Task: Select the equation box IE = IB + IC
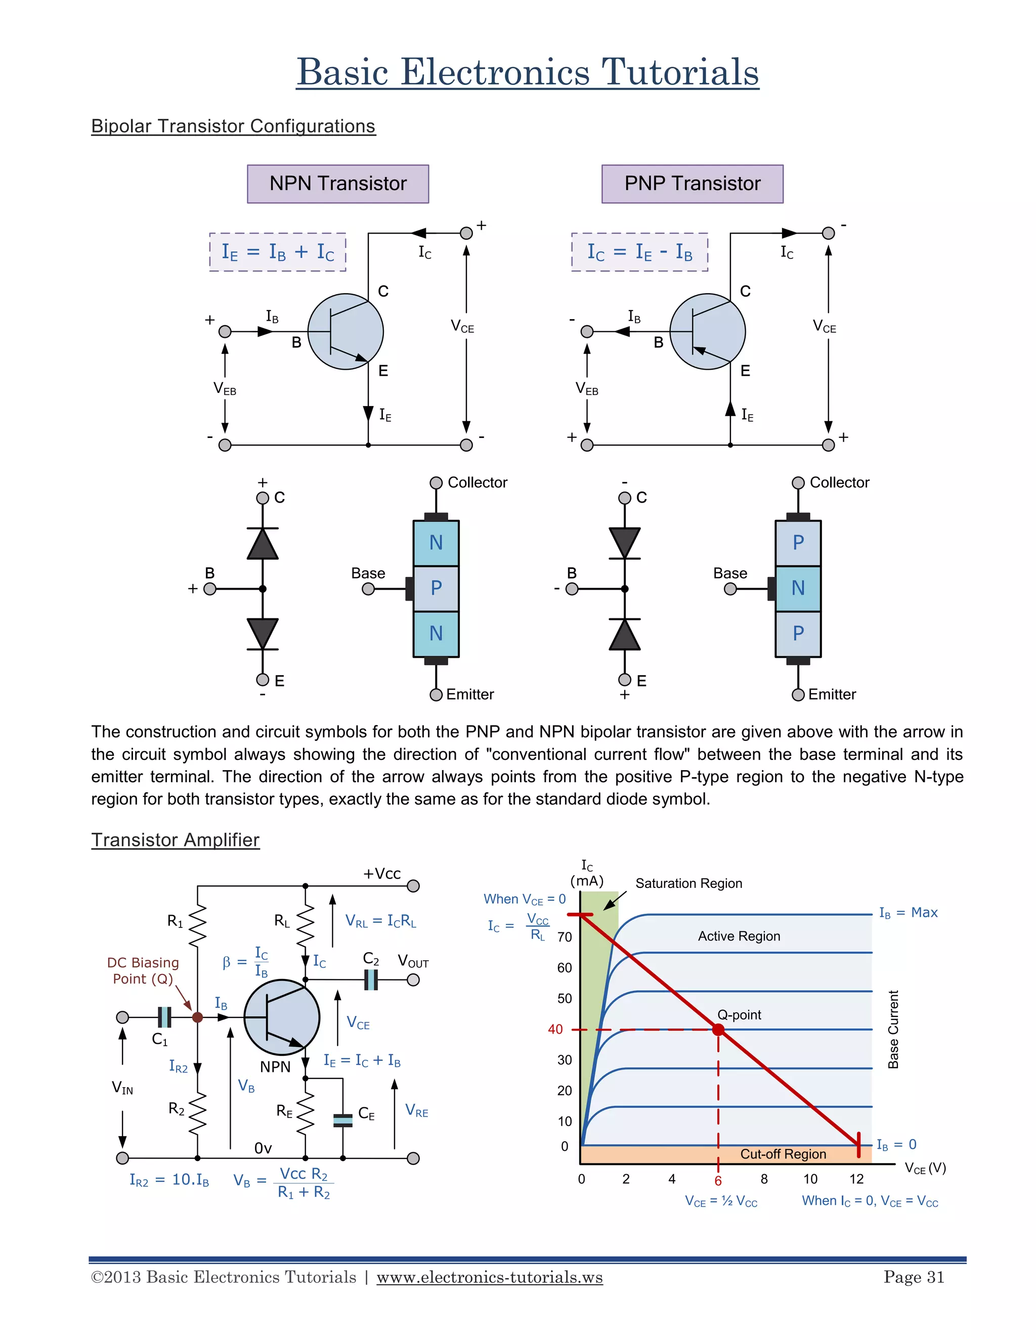pyautogui.click(x=277, y=251)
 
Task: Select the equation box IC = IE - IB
pyautogui.click(x=639, y=251)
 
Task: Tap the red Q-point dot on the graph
pyautogui.click(x=718, y=1030)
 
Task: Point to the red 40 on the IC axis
pyautogui.click(x=555, y=1029)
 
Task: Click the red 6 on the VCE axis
pyautogui.click(x=718, y=1181)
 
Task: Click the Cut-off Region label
pyautogui.click(x=783, y=1154)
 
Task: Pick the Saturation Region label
pyautogui.click(x=688, y=883)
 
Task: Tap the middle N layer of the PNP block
pyautogui.click(x=798, y=588)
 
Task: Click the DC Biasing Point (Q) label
pyautogui.click(x=143, y=971)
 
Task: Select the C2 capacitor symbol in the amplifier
pyautogui.click(x=371, y=980)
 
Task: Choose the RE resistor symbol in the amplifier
pyautogui.click(x=305, y=1112)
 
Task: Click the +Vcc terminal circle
pyautogui.click(x=413, y=886)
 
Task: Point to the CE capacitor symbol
pyautogui.click(x=342, y=1121)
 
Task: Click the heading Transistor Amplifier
pyautogui.click(x=176, y=839)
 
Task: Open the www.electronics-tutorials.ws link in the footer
pyautogui.click(x=489, y=1277)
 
